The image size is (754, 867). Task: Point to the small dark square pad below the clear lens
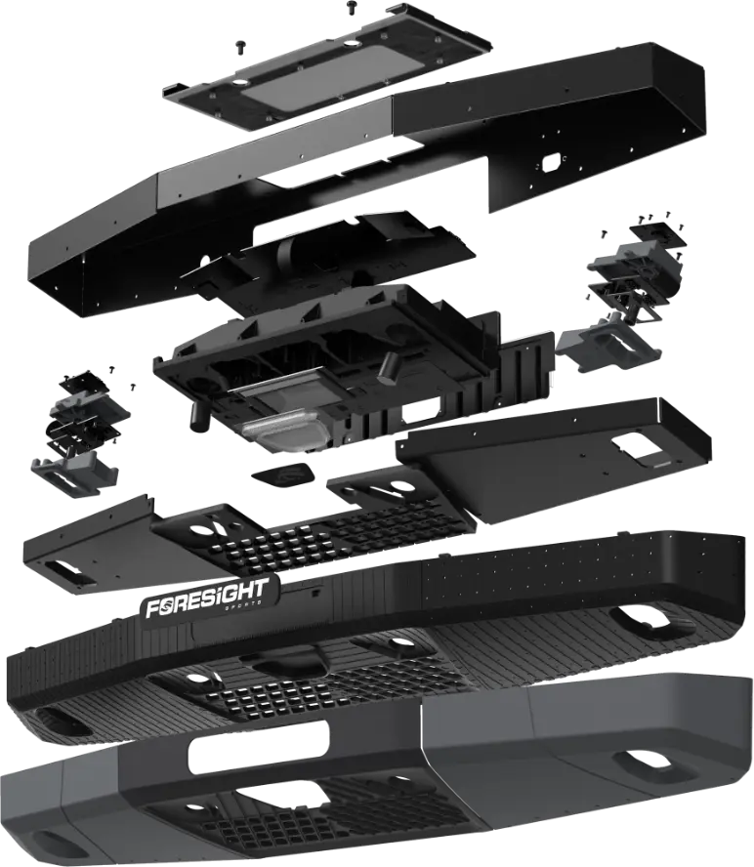(x=278, y=478)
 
